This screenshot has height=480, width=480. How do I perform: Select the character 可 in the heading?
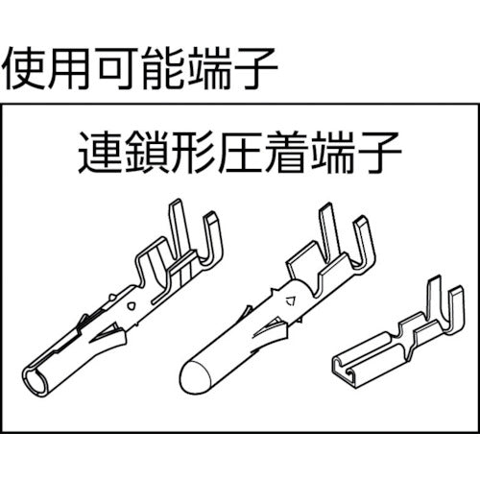tap(119, 66)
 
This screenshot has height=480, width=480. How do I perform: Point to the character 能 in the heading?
tap(165, 66)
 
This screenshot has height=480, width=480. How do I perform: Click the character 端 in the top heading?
tap(211, 66)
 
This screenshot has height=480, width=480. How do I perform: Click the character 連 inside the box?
tap(94, 154)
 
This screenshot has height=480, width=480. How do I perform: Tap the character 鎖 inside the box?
tap(140, 154)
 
